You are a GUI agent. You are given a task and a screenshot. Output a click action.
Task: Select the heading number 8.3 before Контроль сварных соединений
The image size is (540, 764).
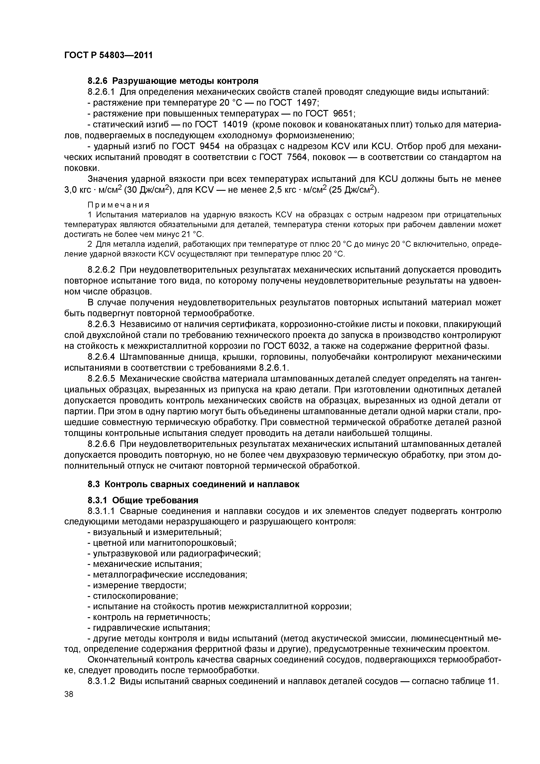click(x=94, y=485)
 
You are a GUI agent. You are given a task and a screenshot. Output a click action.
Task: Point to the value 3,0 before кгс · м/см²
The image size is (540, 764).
click(x=70, y=190)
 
